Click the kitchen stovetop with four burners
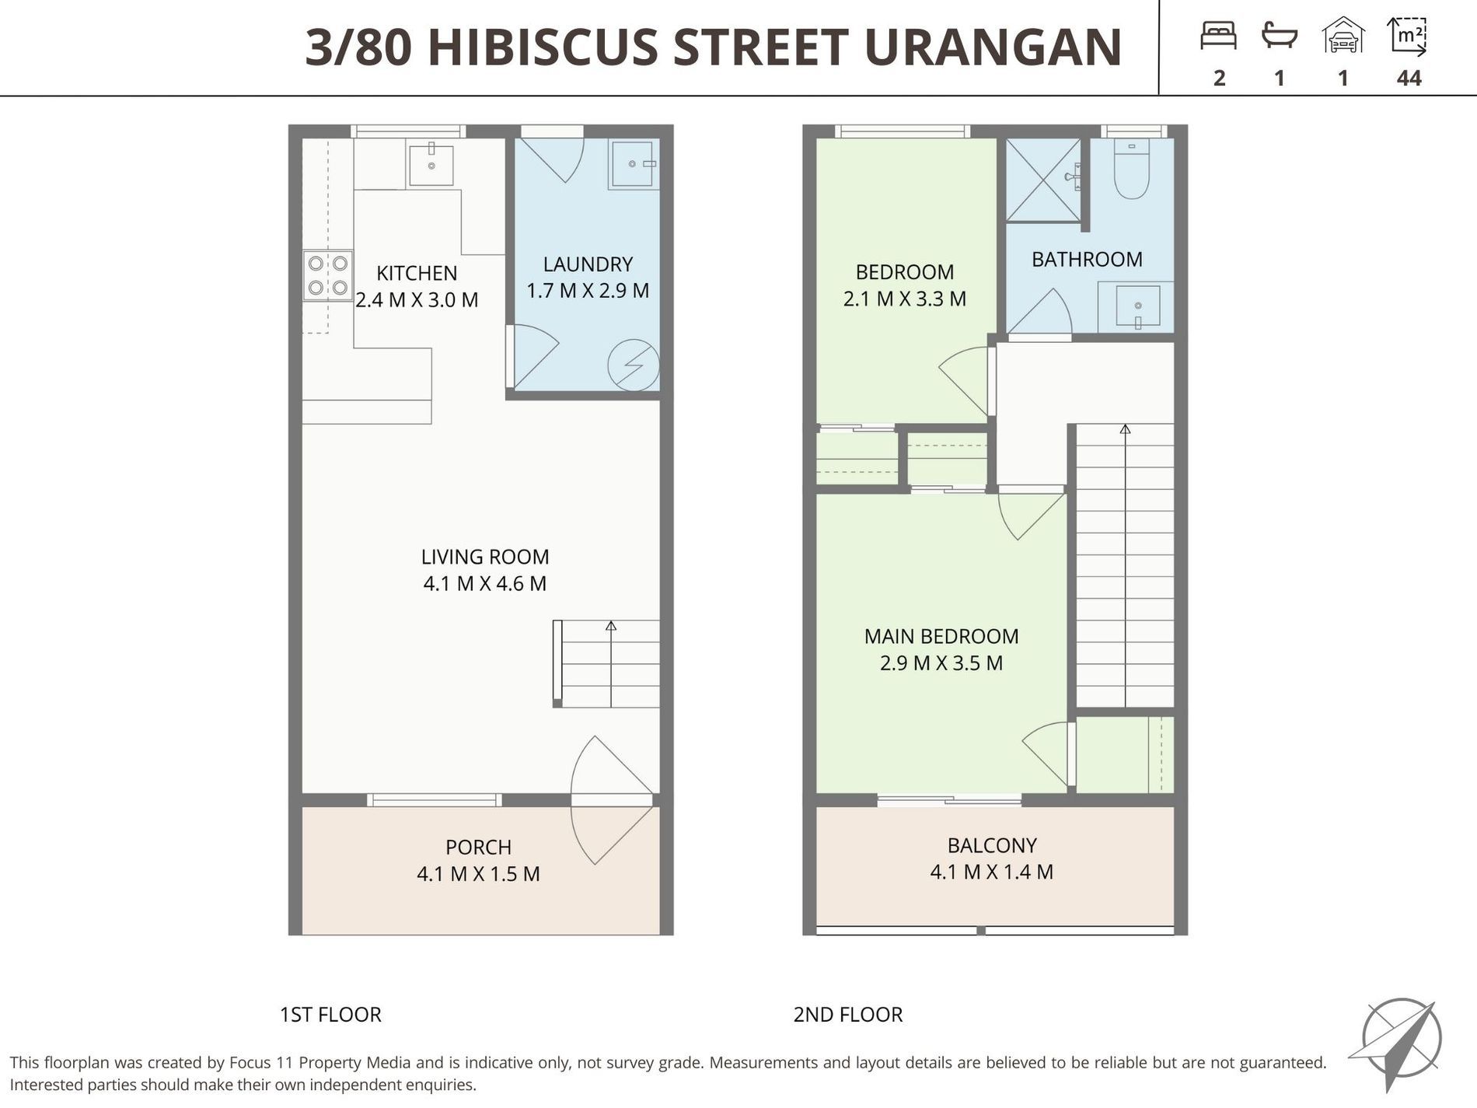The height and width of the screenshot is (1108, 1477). point(327,275)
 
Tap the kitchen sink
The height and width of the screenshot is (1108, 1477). point(431,164)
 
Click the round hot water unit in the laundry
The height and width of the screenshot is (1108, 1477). point(634,365)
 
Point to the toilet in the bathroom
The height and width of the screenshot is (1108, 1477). point(1132,170)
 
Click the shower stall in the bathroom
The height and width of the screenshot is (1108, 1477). point(1042,180)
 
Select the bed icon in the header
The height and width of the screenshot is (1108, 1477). point(1218,36)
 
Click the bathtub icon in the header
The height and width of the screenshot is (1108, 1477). point(1279,36)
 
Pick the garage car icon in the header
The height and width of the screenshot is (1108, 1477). point(1343,36)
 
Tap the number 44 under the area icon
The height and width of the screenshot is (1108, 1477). point(1409,78)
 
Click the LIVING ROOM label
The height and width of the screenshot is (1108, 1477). point(485,557)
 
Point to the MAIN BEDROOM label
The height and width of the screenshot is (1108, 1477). point(941,636)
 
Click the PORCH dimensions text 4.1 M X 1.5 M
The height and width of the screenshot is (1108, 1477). point(478,874)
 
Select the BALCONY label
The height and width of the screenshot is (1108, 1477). point(992,845)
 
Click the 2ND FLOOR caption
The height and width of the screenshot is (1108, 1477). point(847,1015)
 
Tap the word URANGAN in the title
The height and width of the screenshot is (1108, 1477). point(993,47)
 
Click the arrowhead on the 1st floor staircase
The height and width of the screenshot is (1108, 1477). point(611,625)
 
